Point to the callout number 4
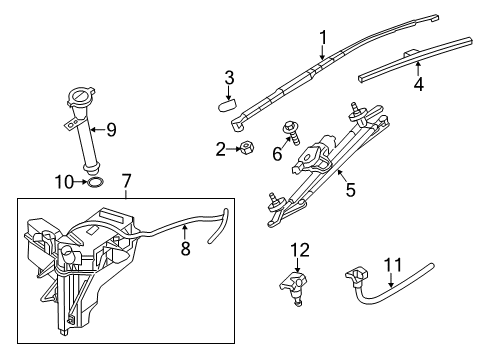[418, 85]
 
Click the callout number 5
[350, 187]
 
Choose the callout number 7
[126, 184]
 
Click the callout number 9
[111, 128]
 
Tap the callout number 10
[62, 181]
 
